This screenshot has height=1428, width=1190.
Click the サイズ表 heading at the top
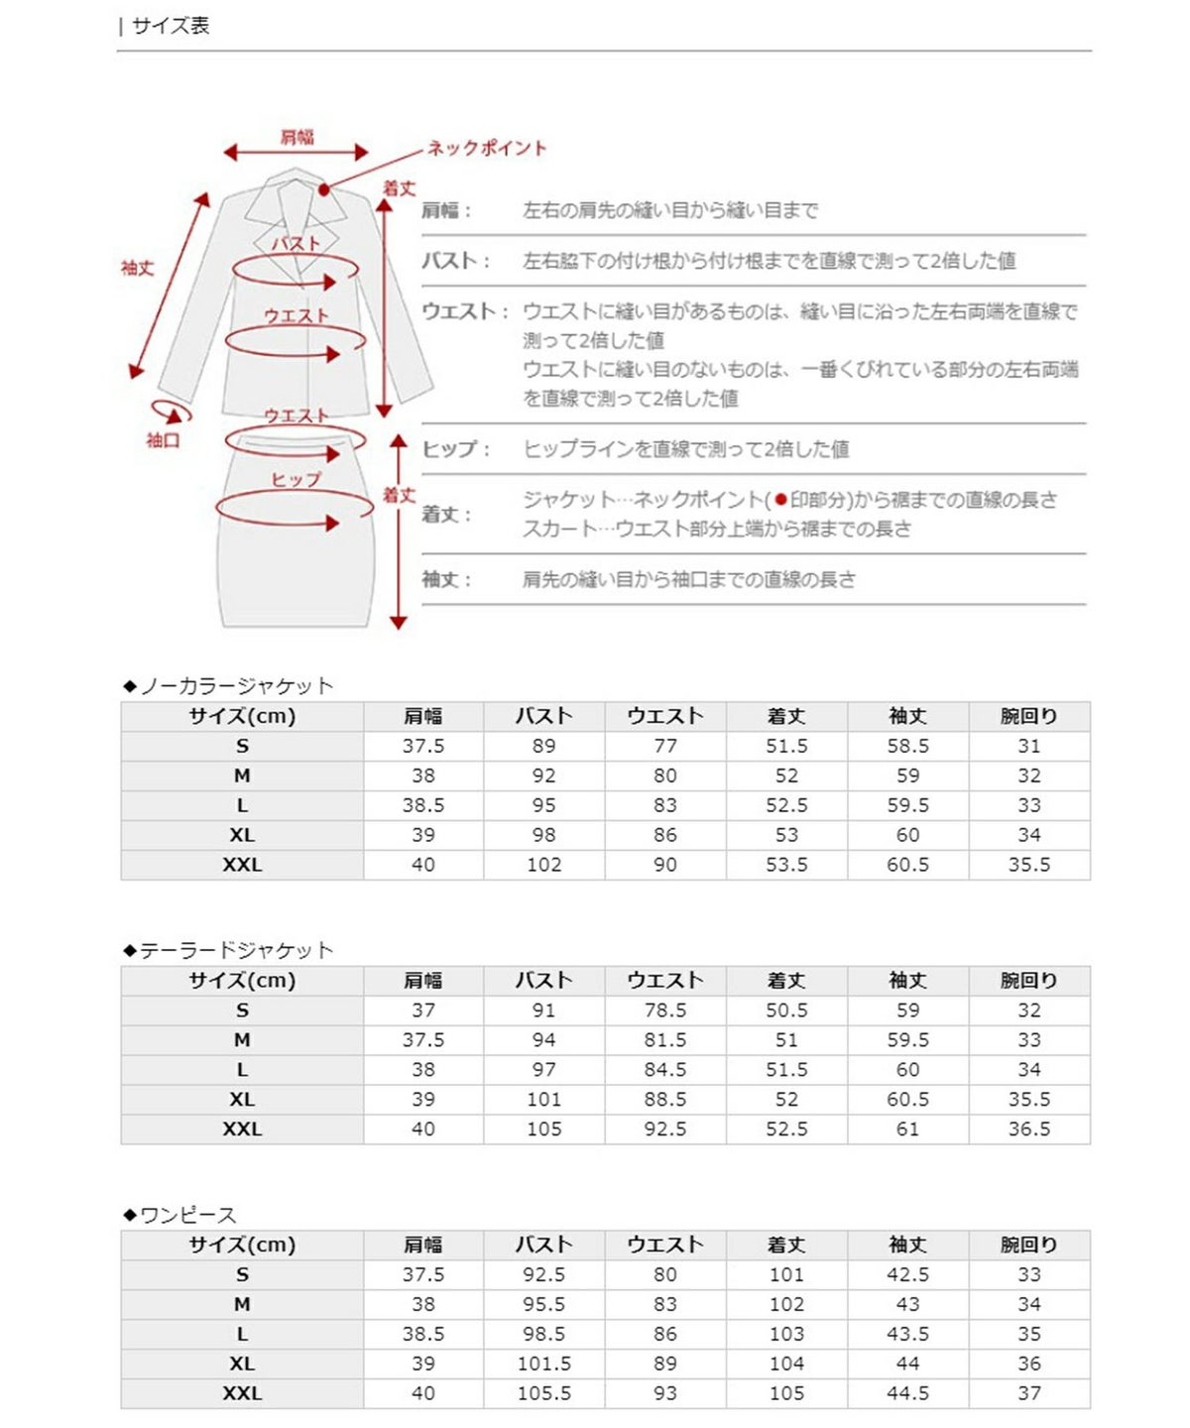[x=170, y=26]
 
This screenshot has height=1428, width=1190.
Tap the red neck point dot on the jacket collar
[x=324, y=189]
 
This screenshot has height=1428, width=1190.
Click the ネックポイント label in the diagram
[x=487, y=149]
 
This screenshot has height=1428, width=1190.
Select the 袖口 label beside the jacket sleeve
[x=164, y=440]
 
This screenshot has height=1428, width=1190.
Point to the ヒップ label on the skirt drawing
[x=297, y=479]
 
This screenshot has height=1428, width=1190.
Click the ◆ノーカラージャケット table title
[x=228, y=686]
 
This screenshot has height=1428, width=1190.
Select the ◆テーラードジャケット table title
[x=228, y=951]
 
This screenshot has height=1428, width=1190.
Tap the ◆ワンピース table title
[x=179, y=1216]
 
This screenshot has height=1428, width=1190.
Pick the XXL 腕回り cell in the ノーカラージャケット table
[x=1029, y=865]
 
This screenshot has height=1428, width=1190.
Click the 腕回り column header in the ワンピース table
[x=1029, y=1246]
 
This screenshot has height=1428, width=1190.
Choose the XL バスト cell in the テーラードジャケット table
[x=544, y=1100]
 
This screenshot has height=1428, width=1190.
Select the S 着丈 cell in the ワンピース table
[x=786, y=1275]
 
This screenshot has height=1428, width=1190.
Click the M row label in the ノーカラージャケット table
[x=242, y=775]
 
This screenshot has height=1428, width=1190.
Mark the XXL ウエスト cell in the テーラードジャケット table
[x=665, y=1130]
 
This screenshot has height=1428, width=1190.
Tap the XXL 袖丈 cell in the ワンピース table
[x=907, y=1393]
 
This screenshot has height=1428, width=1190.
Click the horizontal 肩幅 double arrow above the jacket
[x=296, y=153]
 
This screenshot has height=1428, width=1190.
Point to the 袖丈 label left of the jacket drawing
[x=138, y=268]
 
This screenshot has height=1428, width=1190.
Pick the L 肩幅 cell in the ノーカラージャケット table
[x=423, y=805]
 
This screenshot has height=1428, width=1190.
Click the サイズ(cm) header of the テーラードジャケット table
[x=242, y=981]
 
